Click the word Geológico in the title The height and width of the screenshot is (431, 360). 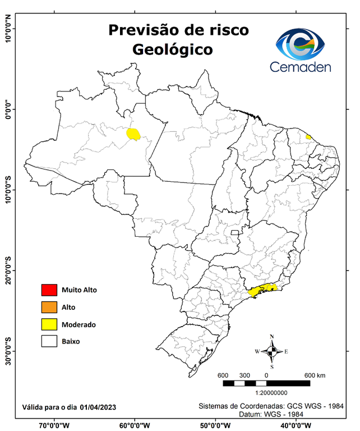pyautogui.click(x=173, y=49)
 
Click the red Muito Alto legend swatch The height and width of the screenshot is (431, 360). pyautogui.click(x=49, y=290)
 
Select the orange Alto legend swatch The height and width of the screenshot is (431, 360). pyautogui.click(x=49, y=307)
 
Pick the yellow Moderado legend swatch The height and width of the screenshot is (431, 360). pyautogui.click(x=49, y=324)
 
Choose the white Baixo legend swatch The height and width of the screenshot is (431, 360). pyautogui.click(x=49, y=341)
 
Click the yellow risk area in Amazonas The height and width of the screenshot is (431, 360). pyautogui.click(x=133, y=134)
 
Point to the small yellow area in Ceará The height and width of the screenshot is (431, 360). pyautogui.click(x=308, y=136)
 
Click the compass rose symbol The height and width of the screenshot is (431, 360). pyautogui.click(x=271, y=352)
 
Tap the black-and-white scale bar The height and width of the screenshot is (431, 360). pyautogui.click(x=266, y=383)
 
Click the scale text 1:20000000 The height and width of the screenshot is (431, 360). pyautogui.click(x=271, y=393)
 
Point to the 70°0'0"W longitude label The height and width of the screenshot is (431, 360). pyautogui.click(x=54, y=425)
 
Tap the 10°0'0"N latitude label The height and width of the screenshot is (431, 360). pyautogui.click(x=8, y=29)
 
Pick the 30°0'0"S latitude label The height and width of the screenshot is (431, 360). pyautogui.click(x=8, y=351)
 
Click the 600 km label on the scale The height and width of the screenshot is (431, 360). pyautogui.click(x=315, y=375)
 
